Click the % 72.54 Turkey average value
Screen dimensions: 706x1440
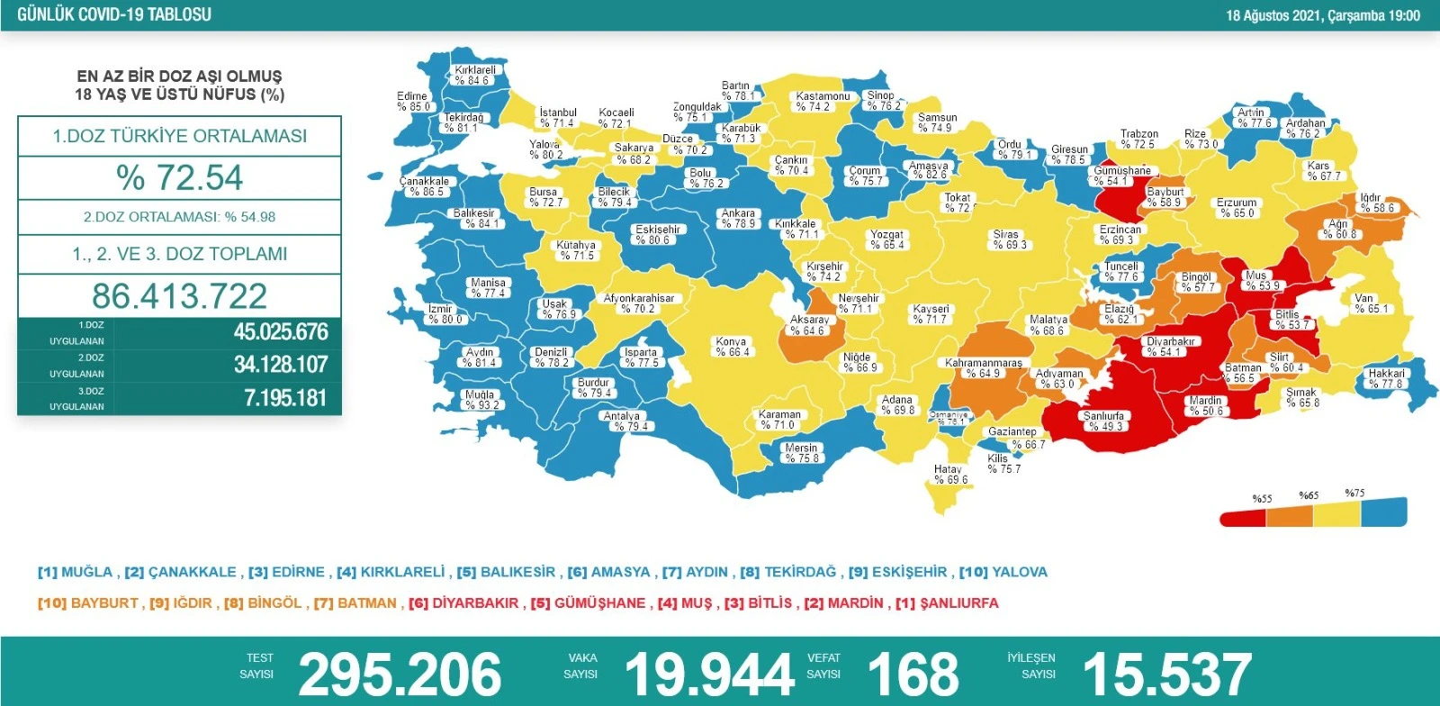coord(179,177)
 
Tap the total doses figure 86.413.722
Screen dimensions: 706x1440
coord(179,296)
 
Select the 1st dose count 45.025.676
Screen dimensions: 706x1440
coord(281,331)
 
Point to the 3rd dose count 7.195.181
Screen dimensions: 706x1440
coord(285,398)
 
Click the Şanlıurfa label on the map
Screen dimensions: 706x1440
coord(1103,421)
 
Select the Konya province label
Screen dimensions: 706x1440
coord(732,347)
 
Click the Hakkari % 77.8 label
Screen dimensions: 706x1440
coord(1386,378)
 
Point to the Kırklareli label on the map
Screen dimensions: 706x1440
coord(474,75)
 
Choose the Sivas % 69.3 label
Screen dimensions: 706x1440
coord(1008,240)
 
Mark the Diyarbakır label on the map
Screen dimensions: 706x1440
coord(1170,347)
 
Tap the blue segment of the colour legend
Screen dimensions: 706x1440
coord(1383,512)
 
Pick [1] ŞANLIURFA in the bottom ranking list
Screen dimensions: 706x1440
coord(946,603)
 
